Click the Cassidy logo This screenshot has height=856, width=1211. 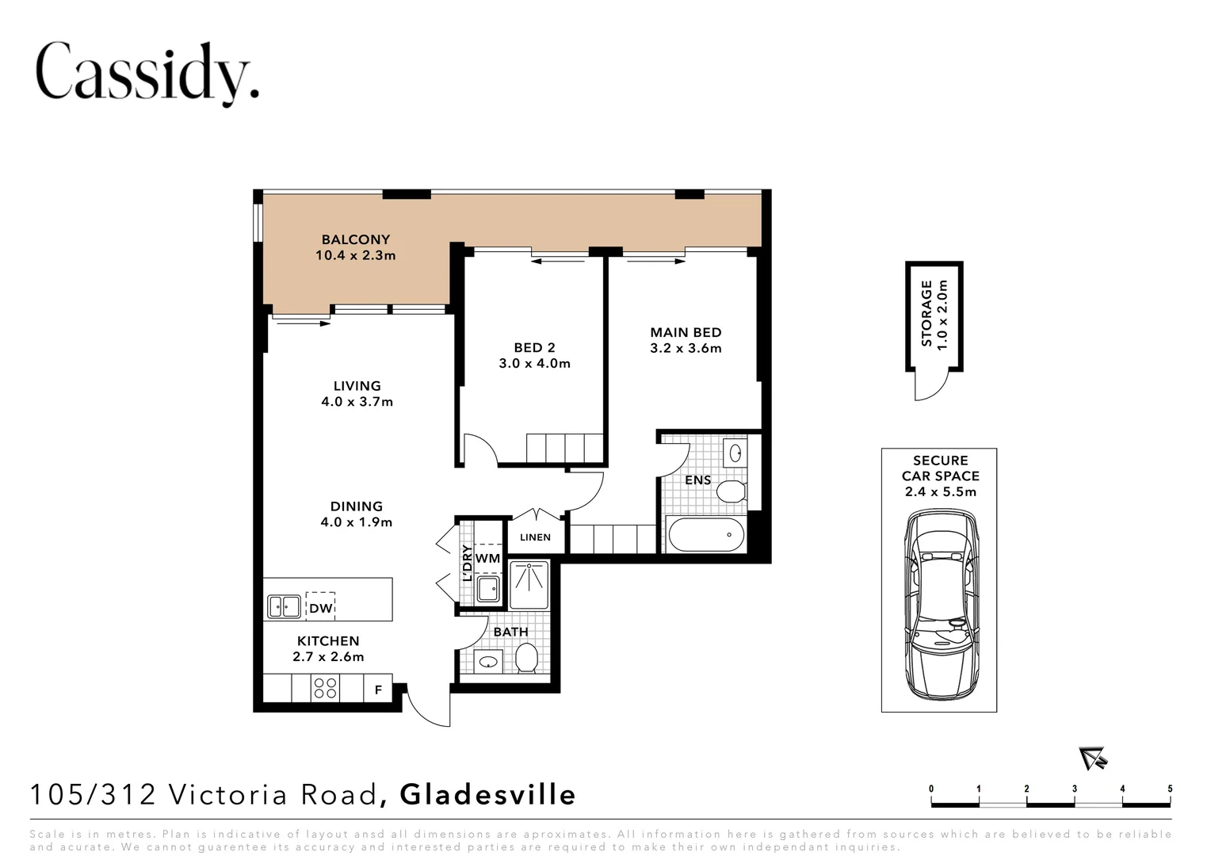(x=147, y=74)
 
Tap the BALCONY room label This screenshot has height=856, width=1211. (x=355, y=239)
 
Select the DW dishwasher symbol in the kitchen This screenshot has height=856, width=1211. (x=321, y=607)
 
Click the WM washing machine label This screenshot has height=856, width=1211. (x=487, y=558)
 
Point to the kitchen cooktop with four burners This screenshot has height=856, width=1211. (x=325, y=689)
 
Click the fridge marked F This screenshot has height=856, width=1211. (x=379, y=689)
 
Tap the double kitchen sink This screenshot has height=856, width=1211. (x=284, y=606)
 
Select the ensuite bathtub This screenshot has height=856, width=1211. (x=706, y=535)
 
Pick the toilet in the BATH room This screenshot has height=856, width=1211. (x=526, y=658)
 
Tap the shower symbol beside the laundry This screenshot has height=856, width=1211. (x=529, y=585)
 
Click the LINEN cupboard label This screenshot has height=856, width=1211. (x=535, y=537)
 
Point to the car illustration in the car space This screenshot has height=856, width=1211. (x=940, y=605)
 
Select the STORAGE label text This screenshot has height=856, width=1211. (x=926, y=314)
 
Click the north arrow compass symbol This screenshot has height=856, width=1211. (x=1093, y=759)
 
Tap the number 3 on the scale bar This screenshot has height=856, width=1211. (x=1074, y=789)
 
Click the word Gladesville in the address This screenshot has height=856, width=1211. (x=487, y=795)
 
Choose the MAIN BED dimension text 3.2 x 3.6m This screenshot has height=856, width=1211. (x=686, y=348)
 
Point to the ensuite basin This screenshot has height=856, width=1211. (x=735, y=453)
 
